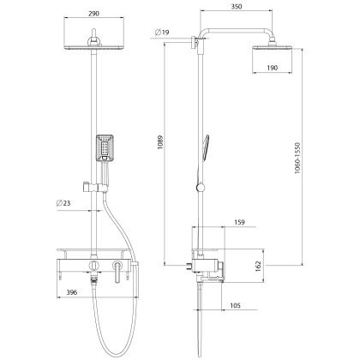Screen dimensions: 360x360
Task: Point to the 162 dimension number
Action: [260, 265]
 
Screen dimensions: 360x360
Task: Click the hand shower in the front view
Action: [105, 147]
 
